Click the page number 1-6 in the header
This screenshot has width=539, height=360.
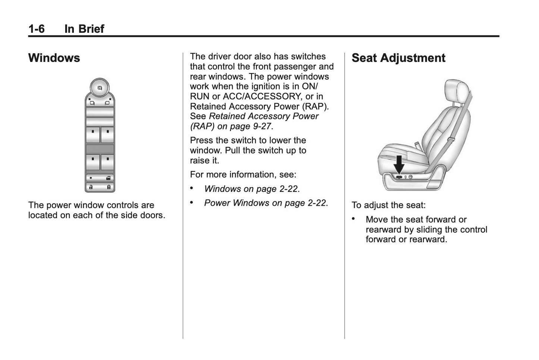36,29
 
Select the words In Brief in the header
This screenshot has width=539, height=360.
84,29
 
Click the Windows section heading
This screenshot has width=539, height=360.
54,58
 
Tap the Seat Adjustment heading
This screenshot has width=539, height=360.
398,58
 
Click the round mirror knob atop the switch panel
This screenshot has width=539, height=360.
100,88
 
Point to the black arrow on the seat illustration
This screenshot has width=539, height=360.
399,164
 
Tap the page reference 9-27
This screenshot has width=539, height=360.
262,126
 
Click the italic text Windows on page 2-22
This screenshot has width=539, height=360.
251,189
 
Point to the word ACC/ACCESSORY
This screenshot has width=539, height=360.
261,97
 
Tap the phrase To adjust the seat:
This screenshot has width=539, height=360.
388,205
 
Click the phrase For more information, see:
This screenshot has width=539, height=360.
243,174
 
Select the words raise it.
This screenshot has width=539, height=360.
204,161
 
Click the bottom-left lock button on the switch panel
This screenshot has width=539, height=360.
91,187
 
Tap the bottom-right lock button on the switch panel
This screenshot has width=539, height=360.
108,187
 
